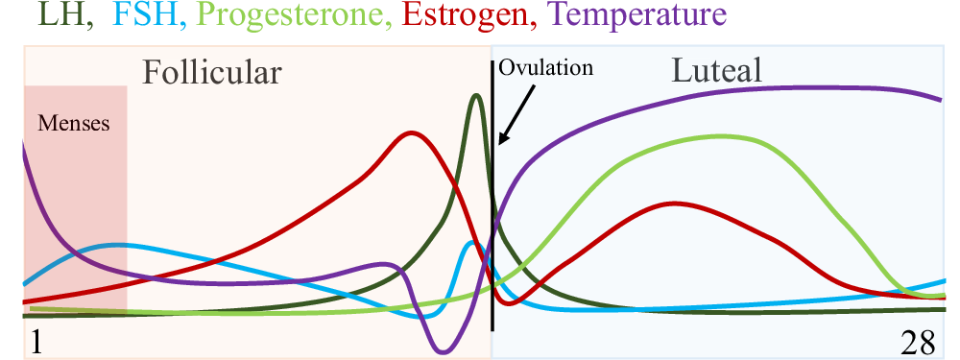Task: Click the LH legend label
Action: (25, 16)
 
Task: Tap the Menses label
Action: (74, 124)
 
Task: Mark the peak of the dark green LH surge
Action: (475, 95)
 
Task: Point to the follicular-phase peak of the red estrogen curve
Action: (412, 132)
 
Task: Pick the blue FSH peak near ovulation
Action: (471, 242)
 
